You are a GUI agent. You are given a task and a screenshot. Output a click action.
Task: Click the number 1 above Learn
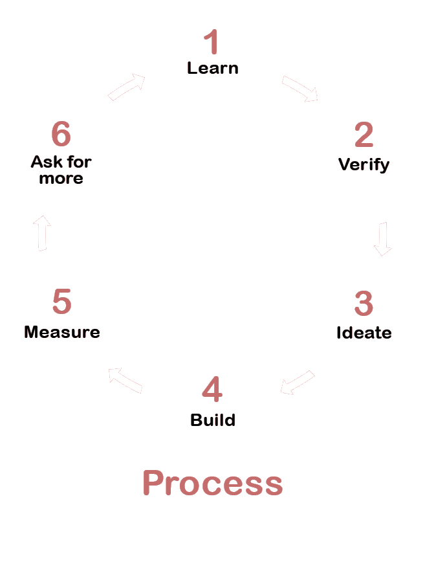pyautogui.click(x=212, y=42)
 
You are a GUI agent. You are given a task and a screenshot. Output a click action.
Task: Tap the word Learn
pyautogui.click(x=212, y=68)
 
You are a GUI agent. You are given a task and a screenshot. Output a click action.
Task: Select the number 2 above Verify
pyautogui.click(x=364, y=135)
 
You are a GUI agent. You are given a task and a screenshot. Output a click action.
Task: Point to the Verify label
pyautogui.click(x=364, y=164)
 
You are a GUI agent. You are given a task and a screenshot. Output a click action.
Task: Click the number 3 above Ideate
pyautogui.click(x=364, y=304)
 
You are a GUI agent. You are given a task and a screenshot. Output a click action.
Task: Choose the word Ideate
pyautogui.click(x=364, y=333)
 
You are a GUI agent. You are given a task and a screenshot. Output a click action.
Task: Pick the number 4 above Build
pyautogui.click(x=212, y=389)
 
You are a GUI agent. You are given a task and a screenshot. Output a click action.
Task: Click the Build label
pyautogui.click(x=212, y=420)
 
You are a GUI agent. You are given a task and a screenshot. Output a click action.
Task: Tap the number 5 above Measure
pyautogui.click(x=61, y=302)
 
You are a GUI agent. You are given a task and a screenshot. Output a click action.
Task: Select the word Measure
pyautogui.click(x=61, y=332)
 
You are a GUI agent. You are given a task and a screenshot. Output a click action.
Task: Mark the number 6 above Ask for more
pyautogui.click(x=61, y=135)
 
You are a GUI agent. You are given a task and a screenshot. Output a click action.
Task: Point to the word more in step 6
pyautogui.click(x=61, y=178)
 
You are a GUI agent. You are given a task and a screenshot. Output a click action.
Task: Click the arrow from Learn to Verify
pyautogui.click(x=300, y=89)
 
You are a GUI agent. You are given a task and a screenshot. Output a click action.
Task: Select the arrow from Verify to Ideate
pyautogui.click(x=383, y=239)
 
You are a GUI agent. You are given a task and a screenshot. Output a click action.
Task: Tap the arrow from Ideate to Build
pyautogui.click(x=297, y=383)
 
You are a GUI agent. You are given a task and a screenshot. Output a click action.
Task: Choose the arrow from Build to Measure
pyautogui.click(x=125, y=380)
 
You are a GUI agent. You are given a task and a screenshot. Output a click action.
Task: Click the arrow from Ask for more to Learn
pyautogui.click(x=126, y=87)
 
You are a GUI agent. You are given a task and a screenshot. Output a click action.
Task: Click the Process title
pyautogui.click(x=212, y=483)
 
